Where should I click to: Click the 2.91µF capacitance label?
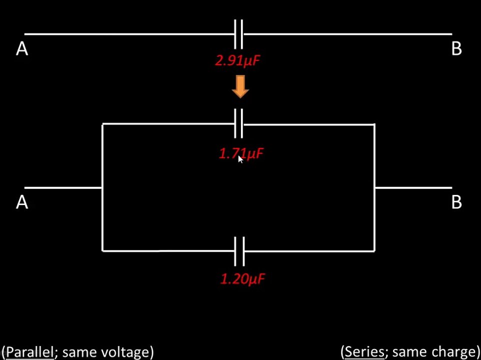[237, 61]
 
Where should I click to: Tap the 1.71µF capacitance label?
[241, 153]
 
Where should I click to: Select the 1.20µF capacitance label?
[242, 279]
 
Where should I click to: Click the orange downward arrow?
[240, 87]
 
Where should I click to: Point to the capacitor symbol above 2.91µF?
[238, 34]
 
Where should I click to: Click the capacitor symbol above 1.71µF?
[238, 123]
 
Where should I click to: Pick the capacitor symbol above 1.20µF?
[239, 251]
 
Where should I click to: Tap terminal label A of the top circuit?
[22, 49]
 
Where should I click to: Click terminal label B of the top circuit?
[457, 49]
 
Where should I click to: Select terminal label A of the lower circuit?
[22, 202]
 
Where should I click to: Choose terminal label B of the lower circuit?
[457, 202]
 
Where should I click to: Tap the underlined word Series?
[364, 352]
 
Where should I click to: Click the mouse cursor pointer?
[240, 159]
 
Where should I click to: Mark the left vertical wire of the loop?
[102, 187]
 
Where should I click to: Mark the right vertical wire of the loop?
[374, 187]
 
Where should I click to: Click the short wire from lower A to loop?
[63, 187]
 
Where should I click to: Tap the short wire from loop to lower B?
[413, 187]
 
